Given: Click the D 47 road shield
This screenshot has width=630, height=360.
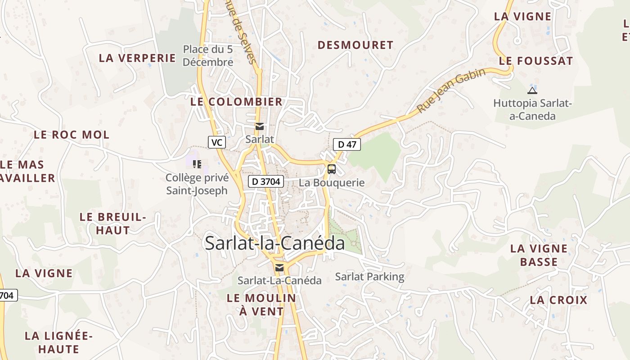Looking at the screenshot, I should tap(347, 144).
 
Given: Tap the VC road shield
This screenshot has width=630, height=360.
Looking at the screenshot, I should tap(217, 142).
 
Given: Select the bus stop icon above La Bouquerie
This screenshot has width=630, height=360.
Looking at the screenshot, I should tap(332, 169).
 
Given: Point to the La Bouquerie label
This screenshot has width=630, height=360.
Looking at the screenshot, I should tap(332, 183).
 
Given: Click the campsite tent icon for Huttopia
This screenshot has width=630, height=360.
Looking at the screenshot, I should tap(532, 90).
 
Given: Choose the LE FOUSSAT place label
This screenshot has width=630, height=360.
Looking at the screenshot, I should tap(536, 61).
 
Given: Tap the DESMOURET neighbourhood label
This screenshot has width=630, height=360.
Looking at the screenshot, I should tap(355, 45).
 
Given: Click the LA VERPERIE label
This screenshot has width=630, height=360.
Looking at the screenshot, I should tap(137, 58).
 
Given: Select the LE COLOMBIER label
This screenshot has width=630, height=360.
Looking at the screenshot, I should tap(236, 102).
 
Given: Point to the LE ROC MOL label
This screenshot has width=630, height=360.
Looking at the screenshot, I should tap(72, 135).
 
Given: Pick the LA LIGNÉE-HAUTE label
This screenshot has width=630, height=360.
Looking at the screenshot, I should tap(58, 342).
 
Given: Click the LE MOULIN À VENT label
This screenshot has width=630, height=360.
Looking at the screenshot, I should tap(261, 304).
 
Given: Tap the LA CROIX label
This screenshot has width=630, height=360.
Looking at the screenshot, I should tap(558, 300).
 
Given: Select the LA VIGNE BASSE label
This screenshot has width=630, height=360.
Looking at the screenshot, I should tap(539, 255).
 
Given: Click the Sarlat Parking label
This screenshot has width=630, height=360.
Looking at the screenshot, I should tap(369, 277).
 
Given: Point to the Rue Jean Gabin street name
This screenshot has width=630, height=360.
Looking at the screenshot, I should tap(451, 90).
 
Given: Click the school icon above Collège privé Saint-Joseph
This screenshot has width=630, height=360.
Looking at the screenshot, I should tap(197, 164).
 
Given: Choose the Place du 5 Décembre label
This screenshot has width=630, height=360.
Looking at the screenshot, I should tap(208, 55).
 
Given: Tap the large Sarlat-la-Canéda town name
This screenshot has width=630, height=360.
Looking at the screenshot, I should tap(274, 243).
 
